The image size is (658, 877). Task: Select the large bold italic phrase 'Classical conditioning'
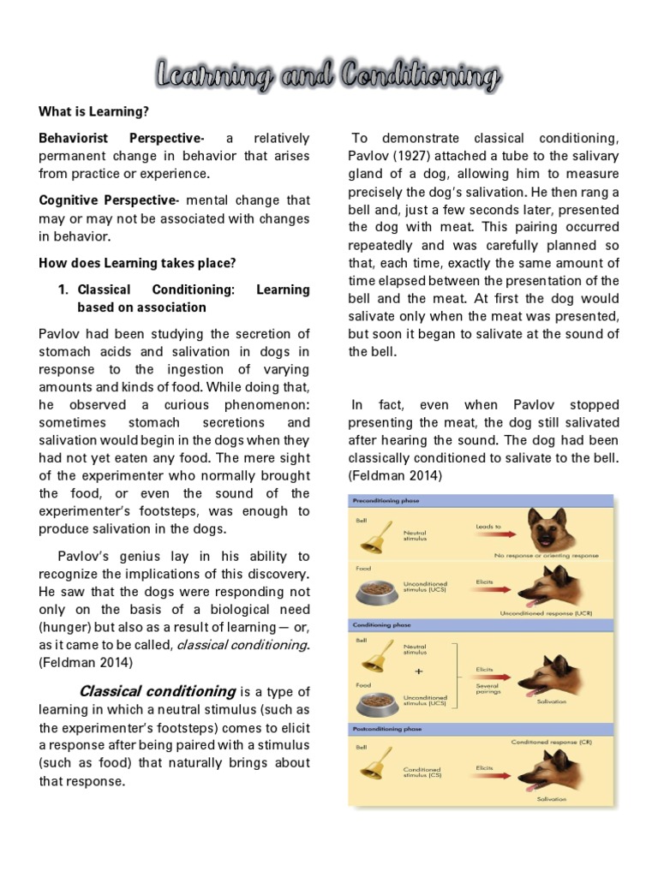coord(157,690)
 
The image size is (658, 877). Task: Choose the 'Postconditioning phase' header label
coord(386,728)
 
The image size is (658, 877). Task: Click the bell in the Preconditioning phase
coord(374,535)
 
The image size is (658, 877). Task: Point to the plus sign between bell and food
coord(418,671)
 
